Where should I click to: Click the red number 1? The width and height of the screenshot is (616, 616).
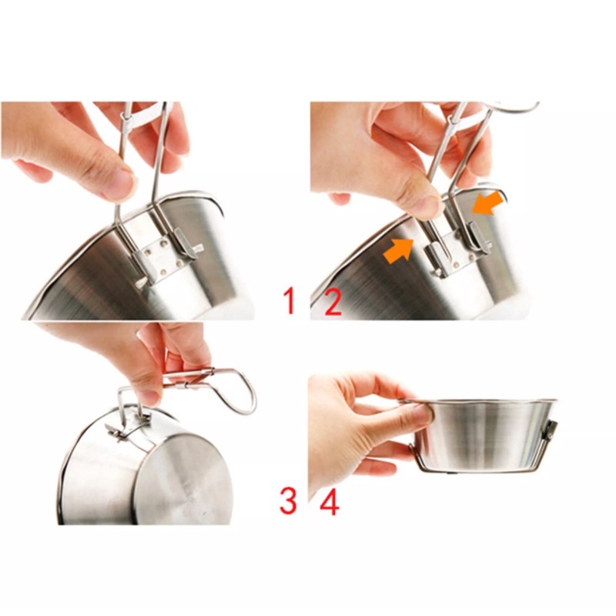[x=290, y=300]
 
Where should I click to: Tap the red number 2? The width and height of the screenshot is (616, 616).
[x=333, y=301]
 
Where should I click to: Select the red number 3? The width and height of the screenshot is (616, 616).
[x=287, y=499]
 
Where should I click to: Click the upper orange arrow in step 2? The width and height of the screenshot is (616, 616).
[x=487, y=203]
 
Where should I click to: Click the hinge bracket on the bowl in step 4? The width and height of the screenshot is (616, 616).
[x=551, y=431]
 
